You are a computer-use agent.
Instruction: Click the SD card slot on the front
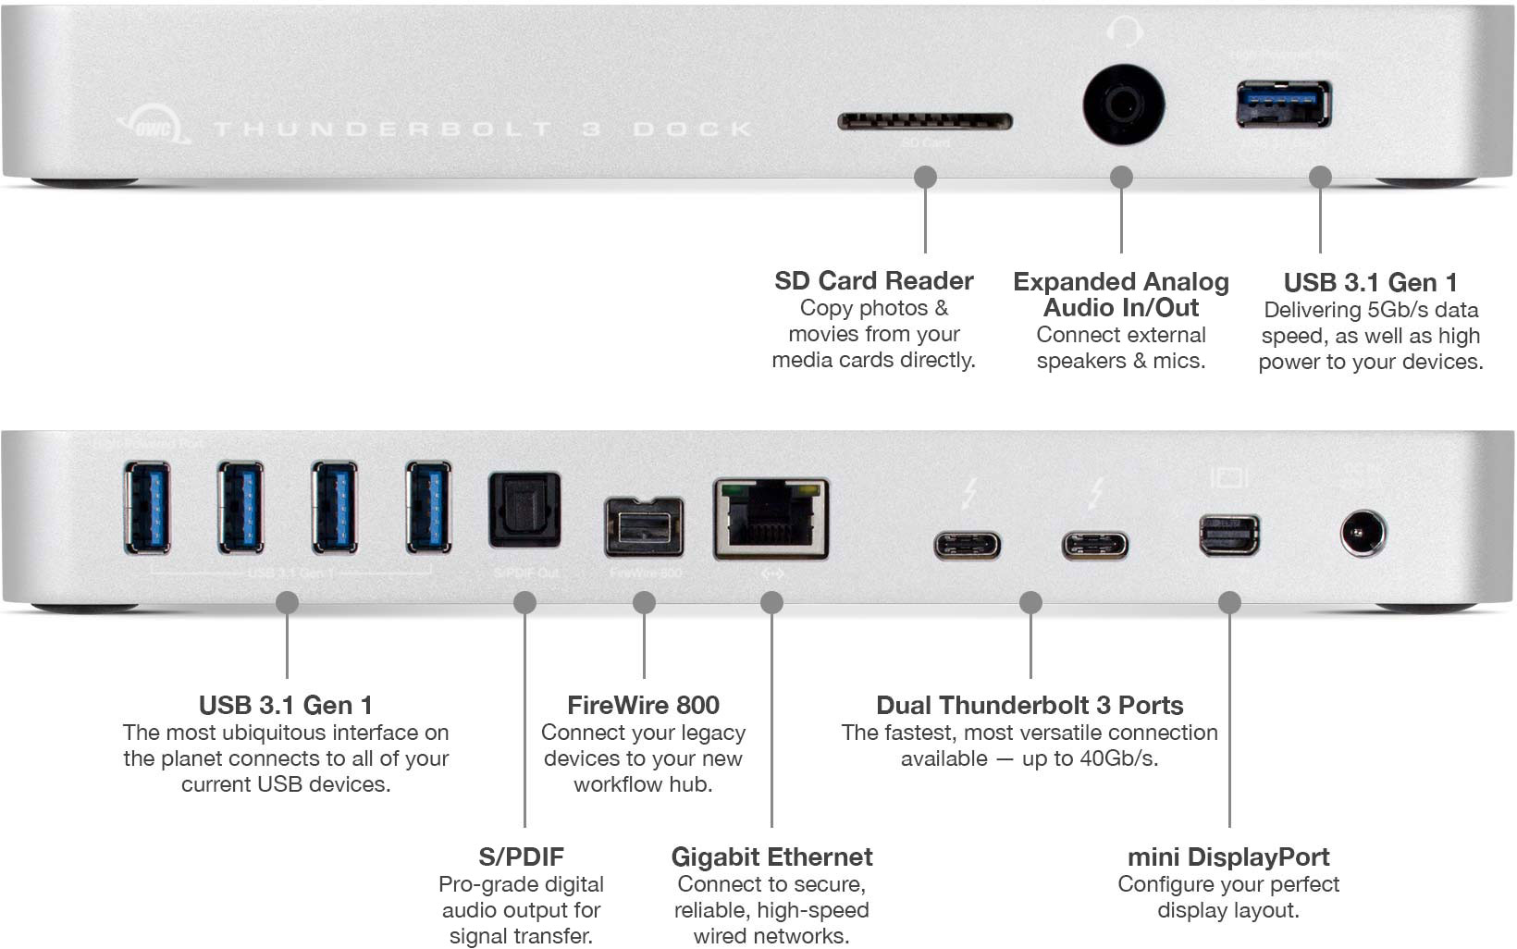pyautogui.click(x=924, y=121)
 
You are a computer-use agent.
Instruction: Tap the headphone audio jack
pyautogui.click(x=1123, y=105)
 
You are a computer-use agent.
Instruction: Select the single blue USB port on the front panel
pyautogui.click(x=1284, y=104)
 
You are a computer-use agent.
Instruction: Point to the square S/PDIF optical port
pyautogui.click(x=524, y=510)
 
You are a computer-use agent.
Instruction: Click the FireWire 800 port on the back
pyautogui.click(x=645, y=527)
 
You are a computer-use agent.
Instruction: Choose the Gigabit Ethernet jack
pyautogui.click(x=771, y=519)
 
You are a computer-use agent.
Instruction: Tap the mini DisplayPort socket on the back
pyautogui.click(x=1229, y=536)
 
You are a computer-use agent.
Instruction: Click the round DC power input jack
pyautogui.click(x=1363, y=534)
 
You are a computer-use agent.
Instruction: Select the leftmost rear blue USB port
pyautogui.click(x=147, y=507)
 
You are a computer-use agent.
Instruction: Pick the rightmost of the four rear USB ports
pyautogui.click(x=429, y=507)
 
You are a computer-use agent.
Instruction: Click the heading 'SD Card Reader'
pyautogui.click(x=873, y=281)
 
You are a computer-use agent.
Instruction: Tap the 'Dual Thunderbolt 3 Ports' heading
pyautogui.click(x=1030, y=706)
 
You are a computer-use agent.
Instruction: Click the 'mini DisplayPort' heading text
pyautogui.click(x=1228, y=857)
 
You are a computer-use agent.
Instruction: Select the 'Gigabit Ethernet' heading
pyautogui.click(x=771, y=857)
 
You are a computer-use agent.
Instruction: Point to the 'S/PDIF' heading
pyautogui.click(x=521, y=857)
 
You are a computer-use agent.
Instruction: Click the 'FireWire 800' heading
pyautogui.click(x=643, y=706)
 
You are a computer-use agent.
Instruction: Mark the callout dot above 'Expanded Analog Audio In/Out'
pyautogui.click(x=1121, y=177)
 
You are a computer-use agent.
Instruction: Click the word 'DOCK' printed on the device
pyautogui.click(x=693, y=129)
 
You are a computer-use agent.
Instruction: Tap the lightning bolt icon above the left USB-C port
pyautogui.click(x=968, y=493)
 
